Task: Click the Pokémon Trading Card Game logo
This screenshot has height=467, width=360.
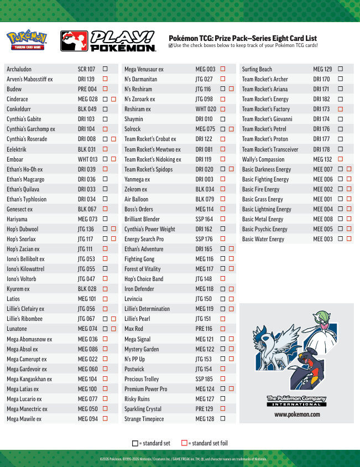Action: [27, 40]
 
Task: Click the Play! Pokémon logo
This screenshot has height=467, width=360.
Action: [108, 41]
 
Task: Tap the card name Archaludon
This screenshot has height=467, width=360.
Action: [19, 69]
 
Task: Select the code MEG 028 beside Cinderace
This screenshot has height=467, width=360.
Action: [87, 99]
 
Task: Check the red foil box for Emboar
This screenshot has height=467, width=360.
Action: [113, 159]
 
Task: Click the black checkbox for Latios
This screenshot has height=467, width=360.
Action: [105, 299]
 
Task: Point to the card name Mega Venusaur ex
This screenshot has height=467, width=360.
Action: [144, 69]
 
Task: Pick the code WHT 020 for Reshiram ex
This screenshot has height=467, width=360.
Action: [206, 109]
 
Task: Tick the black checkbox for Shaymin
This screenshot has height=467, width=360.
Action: [223, 119]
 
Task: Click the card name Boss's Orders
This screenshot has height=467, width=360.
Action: [139, 209]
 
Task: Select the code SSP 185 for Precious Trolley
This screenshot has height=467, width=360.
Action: [204, 379]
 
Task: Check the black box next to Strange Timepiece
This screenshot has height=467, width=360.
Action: [223, 419]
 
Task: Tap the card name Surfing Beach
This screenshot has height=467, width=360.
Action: [257, 69]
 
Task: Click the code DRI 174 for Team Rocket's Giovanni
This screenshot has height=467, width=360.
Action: [321, 119]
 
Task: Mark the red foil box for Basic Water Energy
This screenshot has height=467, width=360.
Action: [349, 239]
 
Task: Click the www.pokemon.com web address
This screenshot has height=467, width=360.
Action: [297, 414]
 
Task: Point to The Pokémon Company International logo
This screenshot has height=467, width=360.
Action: [296, 401]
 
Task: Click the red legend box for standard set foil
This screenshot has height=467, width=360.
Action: [184, 443]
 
